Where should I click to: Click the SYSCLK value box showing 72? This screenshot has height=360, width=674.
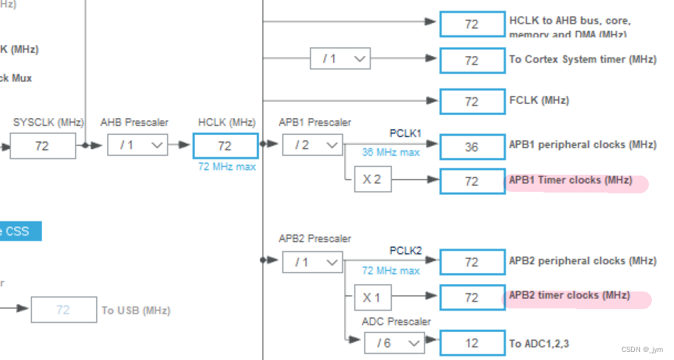(x=42, y=146)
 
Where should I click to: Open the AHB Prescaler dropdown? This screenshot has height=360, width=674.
(x=137, y=145)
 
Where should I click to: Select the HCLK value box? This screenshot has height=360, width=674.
(x=225, y=146)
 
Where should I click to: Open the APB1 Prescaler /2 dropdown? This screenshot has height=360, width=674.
(x=312, y=145)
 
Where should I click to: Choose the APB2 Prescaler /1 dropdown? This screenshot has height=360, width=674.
(x=312, y=262)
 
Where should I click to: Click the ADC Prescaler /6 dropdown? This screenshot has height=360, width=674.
(x=394, y=342)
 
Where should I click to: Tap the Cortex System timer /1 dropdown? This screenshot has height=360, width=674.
(x=340, y=59)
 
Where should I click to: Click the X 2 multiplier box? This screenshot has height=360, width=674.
(x=372, y=180)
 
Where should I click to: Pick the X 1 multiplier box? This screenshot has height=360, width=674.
(x=372, y=297)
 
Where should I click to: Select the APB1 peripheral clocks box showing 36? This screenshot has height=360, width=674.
(x=472, y=147)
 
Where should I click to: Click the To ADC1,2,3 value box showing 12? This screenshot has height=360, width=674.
(x=472, y=343)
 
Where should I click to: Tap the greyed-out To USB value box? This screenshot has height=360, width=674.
(x=63, y=310)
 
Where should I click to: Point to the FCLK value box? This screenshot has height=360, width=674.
(x=472, y=100)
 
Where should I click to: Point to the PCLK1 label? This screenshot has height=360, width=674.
(x=405, y=133)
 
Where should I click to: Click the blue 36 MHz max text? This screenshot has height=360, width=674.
(x=391, y=153)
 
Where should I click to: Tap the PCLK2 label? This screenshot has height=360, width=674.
(x=405, y=251)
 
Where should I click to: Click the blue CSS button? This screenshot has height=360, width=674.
(x=18, y=231)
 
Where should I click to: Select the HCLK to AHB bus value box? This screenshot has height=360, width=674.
(x=472, y=24)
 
